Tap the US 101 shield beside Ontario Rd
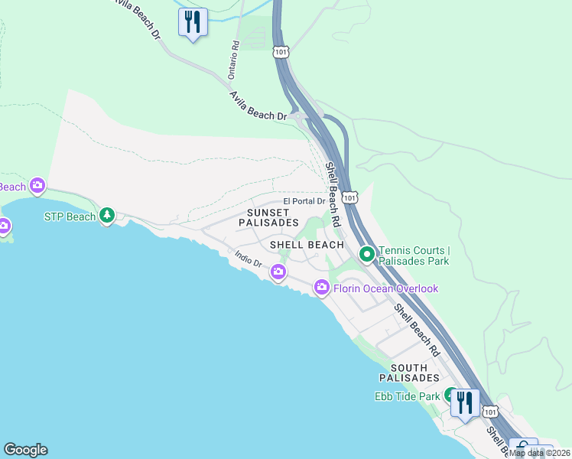pyautogui.click(x=280, y=51)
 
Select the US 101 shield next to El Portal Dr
pyautogui.click(x=349, y=197)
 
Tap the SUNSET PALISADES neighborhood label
pyautogui.click(x=268, y=217)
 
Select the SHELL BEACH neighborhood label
pyautogui.click(x=307, y=245)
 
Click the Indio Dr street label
pyautogui.click(x=249, y=260)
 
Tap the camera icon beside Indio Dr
pyautogui.click(x=278, y=271)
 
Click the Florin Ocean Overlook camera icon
pyautogui.click(x=322, y=288)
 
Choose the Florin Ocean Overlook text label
pyautogui.click(x=386, y=288)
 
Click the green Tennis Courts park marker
pyautogui.click(x=366, y=252)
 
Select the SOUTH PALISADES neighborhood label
pyautogui.click(x=409, y=372)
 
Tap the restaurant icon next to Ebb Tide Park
pyautogui.click(x=465, y=402)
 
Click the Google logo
pyautogui.click(x=25, y=450)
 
